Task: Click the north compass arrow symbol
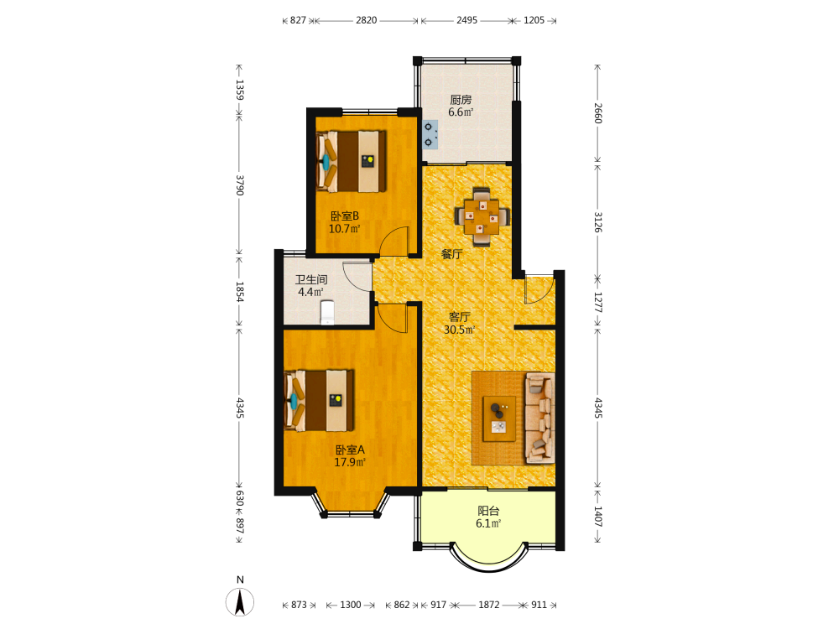240,602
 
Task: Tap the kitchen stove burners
430,134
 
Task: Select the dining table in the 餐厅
482,216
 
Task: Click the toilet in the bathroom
327,312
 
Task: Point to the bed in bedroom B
351,162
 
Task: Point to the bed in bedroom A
319,401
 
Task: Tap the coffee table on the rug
499,418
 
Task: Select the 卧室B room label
345,216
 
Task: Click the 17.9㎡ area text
350,463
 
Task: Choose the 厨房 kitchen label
461,100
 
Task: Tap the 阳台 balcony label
488,511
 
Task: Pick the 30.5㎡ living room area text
459,330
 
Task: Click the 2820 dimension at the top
366,20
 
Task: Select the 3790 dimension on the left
240,185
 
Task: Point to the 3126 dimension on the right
597,222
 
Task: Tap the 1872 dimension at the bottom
488,605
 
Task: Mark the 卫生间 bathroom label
311,280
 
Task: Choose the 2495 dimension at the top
466,20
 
